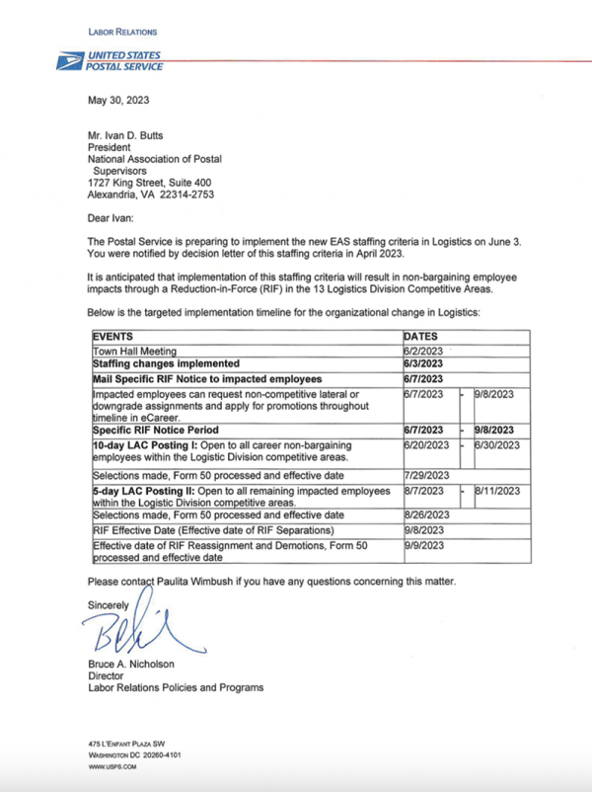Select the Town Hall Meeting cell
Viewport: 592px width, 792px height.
[134, 351]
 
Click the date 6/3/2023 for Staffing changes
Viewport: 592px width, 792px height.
[425, 363]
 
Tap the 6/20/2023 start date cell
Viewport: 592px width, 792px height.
[428, 445]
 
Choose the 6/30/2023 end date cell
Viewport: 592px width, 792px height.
[497, 445]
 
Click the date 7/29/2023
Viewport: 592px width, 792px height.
[428, 474]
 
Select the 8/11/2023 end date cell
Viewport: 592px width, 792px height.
[497, 490]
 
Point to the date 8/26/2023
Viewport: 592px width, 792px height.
[428, 515]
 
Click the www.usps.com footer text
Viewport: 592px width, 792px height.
[111, 766]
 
